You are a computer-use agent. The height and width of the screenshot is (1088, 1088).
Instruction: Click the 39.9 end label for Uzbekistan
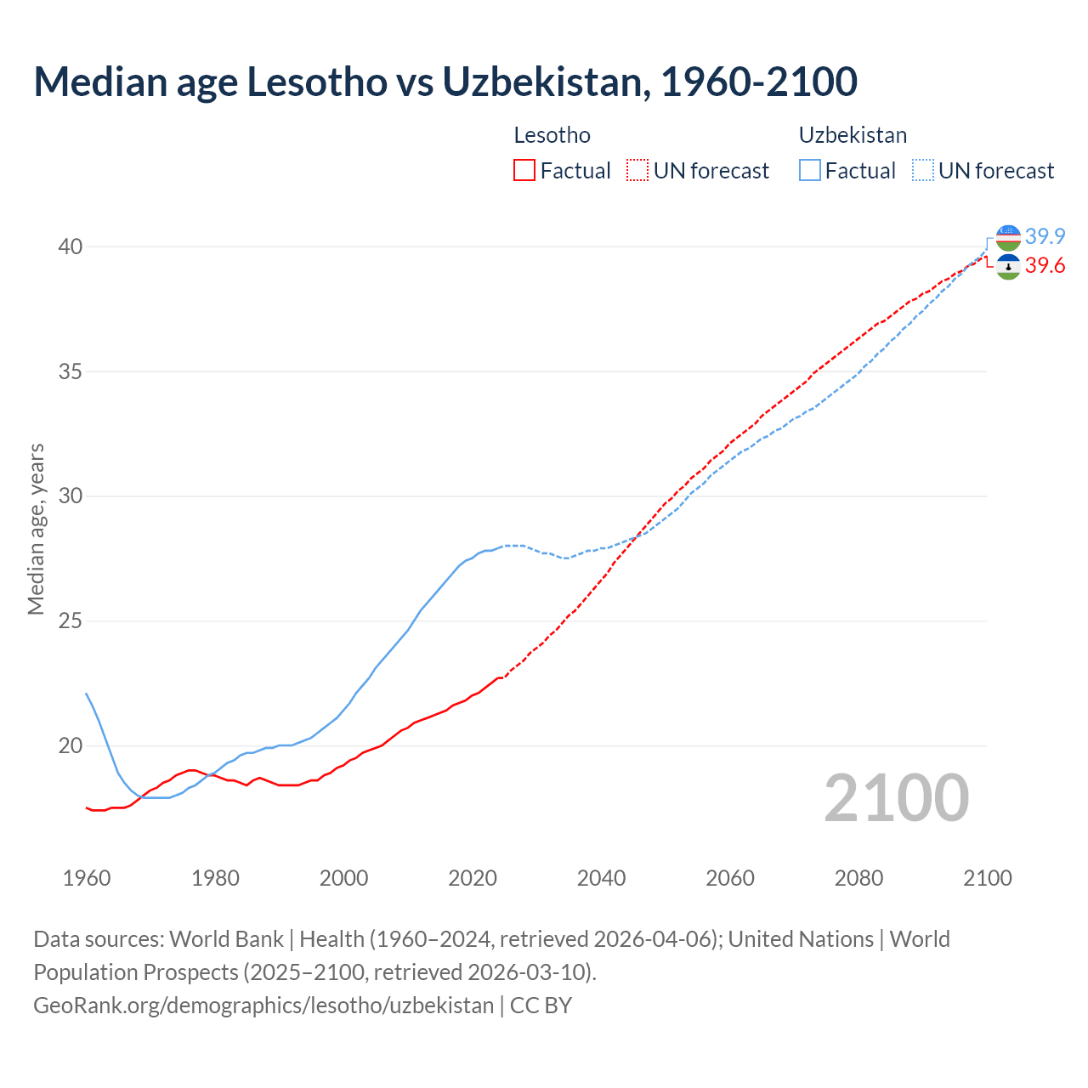pyautogui.click(x=1045, y=236)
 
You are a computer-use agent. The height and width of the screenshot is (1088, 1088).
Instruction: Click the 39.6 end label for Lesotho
pyautogui.click(x=1045, y=266)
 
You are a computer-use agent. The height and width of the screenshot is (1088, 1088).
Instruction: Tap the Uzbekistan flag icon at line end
pyautogui.click(x=1008, y=237)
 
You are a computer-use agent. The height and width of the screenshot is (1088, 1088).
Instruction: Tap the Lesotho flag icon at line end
pyautogui.click(x=1008, y=267)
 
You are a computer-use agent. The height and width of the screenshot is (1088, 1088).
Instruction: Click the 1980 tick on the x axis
pyautogui.click(x=215, y=878)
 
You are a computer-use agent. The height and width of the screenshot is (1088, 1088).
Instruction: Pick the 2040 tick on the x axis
pyautogui.click(x=601, y=878)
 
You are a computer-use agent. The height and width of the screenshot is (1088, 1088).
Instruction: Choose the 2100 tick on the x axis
pyautogui.click(x=987, y=878)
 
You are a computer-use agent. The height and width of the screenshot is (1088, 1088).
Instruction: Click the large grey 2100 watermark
pyautogui.click(x=896, y=797)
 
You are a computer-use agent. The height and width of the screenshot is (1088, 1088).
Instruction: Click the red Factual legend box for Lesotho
pyautogui.click(x=524, y=171)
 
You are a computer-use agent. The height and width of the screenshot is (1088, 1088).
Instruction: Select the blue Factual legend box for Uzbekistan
pyautogui.click(x=809, y=171)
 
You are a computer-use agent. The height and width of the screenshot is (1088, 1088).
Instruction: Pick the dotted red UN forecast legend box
pyautogui.click(x=637, y=171)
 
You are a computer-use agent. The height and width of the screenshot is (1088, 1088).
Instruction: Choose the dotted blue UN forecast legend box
pyautogui.click(x=922, y=171)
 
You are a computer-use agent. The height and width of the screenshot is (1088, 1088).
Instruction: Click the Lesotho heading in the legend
pyautogui.click(x=552, y=135)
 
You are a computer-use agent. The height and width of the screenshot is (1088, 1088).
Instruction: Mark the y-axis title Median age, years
pyautogui.click(x=36, y=529)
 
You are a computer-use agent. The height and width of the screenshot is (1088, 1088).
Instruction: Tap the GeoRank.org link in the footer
pyautogui.click(x=263, y=1006)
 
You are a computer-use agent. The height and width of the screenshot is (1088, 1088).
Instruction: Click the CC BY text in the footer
pyautogui.click(x=541, y=1006)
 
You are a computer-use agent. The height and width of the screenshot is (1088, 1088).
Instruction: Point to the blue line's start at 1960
pyautogui.click(x=87, y=694)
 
